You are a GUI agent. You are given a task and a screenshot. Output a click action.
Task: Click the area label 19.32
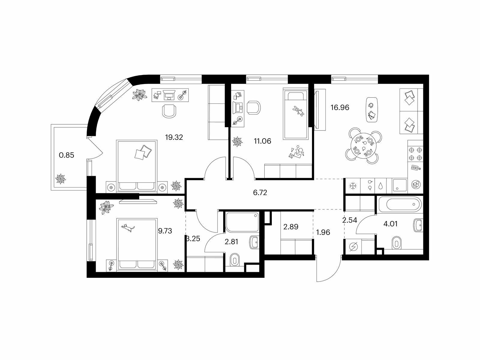174,137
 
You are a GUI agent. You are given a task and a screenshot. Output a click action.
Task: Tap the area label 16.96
340,107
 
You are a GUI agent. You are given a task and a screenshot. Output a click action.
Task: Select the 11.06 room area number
262,141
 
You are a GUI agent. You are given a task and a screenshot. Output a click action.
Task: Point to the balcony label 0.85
67,155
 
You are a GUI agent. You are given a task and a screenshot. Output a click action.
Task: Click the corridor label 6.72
260,193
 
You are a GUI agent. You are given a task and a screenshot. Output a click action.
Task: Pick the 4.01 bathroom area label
391,224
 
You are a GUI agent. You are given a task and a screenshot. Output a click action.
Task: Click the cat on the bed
128,227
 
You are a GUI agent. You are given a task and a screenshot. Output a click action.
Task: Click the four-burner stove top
415,154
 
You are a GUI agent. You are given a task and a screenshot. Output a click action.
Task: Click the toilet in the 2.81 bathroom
235,260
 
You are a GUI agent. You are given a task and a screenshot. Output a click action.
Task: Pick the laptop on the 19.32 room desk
169,94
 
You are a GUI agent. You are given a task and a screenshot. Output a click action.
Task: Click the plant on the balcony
60,179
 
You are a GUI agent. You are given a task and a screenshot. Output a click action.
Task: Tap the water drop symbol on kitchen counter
381,186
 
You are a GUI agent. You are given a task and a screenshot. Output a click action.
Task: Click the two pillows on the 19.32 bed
143,152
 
